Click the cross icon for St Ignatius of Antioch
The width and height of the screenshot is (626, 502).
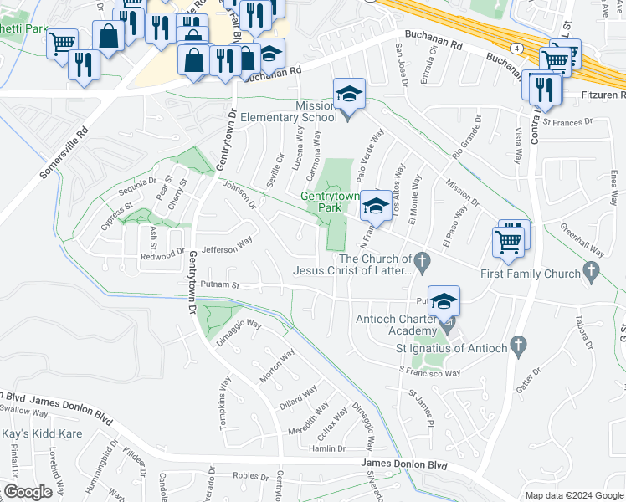coord(518,344)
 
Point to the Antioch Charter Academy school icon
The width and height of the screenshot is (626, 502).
coord(444,302)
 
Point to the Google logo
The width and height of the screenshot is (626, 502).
coord(28,492)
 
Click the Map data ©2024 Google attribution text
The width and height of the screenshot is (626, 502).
coord(574,495)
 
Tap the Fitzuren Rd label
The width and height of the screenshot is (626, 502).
coord(595,97)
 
